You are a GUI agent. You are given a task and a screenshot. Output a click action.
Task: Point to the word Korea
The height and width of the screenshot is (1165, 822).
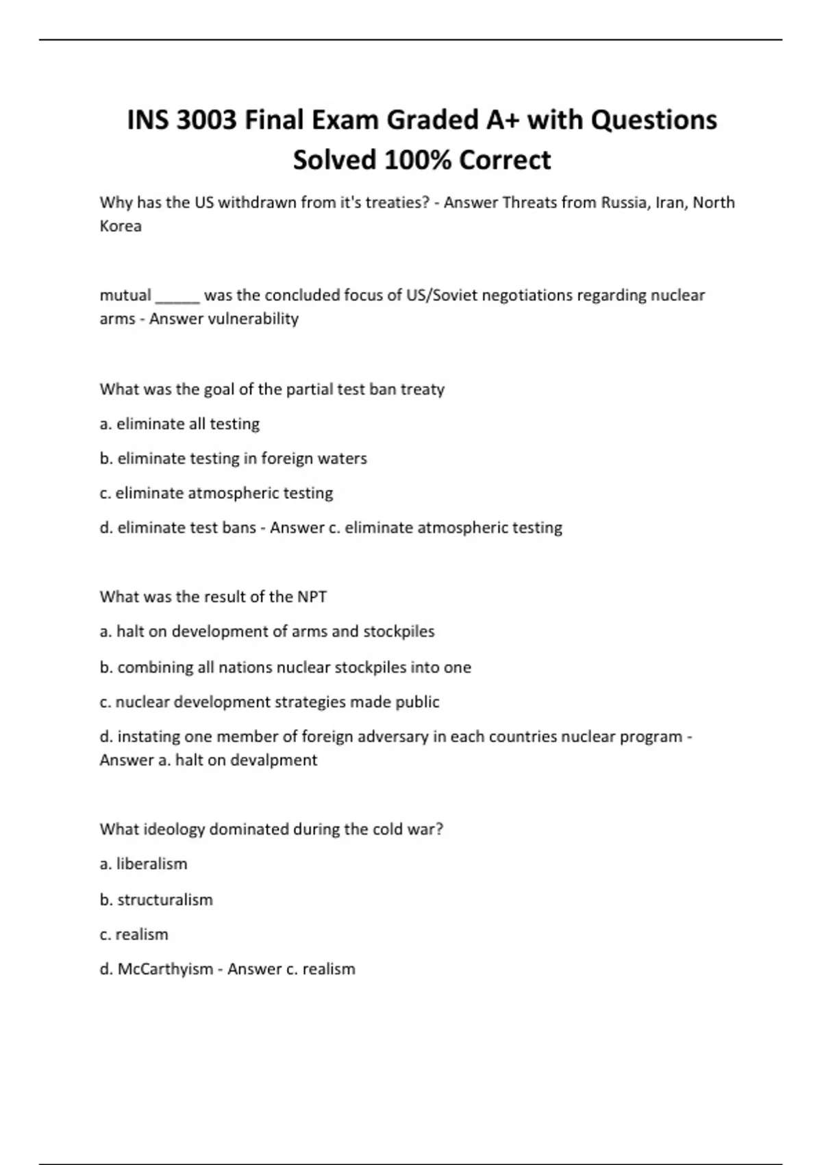tap(121, 226)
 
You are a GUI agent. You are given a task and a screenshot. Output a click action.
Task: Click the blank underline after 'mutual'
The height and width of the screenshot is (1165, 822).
tap(177, 296)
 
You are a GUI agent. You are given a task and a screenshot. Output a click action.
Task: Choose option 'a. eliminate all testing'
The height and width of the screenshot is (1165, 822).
tap(179, 424)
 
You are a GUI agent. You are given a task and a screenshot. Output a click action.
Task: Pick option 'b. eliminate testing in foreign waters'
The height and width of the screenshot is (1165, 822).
tap(233, 458)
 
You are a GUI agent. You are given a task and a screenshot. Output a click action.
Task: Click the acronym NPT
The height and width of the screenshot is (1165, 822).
tap(312, 597)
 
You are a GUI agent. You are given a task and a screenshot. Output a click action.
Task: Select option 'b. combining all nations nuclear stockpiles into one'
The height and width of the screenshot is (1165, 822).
tap(285, 667)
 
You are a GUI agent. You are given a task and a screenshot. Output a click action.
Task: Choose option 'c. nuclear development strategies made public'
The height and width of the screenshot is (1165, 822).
tap(269, 702)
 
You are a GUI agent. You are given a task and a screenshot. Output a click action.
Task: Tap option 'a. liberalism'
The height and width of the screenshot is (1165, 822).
tap(143, 864)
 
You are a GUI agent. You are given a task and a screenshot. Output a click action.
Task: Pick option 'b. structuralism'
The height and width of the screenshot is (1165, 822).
tap(156, 900)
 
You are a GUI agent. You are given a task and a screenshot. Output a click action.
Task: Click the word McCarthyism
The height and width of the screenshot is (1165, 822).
tap(165, 969)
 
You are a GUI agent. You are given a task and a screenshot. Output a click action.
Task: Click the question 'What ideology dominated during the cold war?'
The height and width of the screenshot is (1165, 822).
tap(271, 829)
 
